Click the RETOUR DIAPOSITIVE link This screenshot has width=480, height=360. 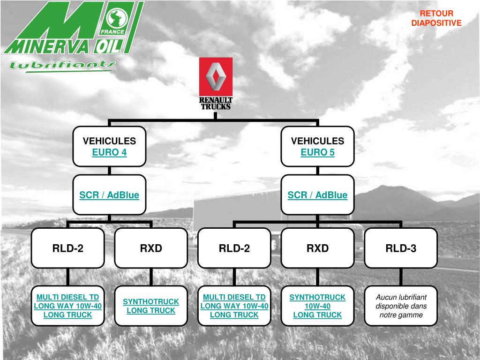pyautogui.click(x=436, y=18)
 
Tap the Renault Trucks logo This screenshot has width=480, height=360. pyautogui.click(x=216, y=83)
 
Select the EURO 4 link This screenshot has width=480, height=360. pyautogui.click(x=109, y=152)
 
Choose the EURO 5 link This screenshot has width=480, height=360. pyautogui.click(x=317, y=152)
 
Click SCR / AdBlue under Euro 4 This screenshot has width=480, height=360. pyautogui.click(x=109, y=195)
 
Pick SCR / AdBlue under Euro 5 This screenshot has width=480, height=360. pyautogui.click(x=317, y=195)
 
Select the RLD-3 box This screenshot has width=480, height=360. pyautogui.click(x=401, y=248)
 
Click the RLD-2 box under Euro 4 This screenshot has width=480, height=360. pyautogui.click(x=68, y=248)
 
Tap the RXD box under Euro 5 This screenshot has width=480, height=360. pyautogui.click(x=317, y=248)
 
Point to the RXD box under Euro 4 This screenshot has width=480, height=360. pyautogui.click(x=151, y=248)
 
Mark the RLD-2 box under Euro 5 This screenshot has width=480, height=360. pyautogui.click(x=234, y=248)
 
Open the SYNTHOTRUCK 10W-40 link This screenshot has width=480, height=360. pyautogui.click(x=317, y=301)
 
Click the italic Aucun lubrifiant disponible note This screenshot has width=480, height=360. pyautogui.click(x=401, y=306)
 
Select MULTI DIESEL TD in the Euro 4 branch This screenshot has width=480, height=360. pyautogui.click(x=68, y=297)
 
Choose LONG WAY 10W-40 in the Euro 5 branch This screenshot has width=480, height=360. pyautogui.click(x=234, y=306)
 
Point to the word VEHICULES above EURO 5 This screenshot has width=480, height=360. pyautogui.click(x=317, y=141)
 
